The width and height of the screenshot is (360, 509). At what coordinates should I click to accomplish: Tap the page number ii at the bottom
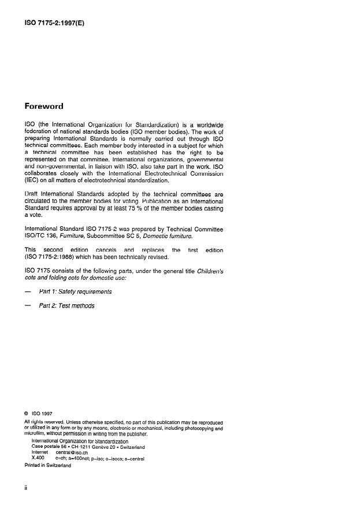(x=26, y=488)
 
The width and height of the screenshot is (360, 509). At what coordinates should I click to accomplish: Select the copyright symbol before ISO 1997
(x=27, y=414)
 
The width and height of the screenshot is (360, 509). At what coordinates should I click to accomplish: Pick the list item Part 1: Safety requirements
(x=75, y=292)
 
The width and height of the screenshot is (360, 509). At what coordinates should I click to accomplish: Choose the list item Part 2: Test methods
(x=66, y=305)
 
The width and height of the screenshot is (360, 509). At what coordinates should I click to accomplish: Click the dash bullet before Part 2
(x=27, y=305)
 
